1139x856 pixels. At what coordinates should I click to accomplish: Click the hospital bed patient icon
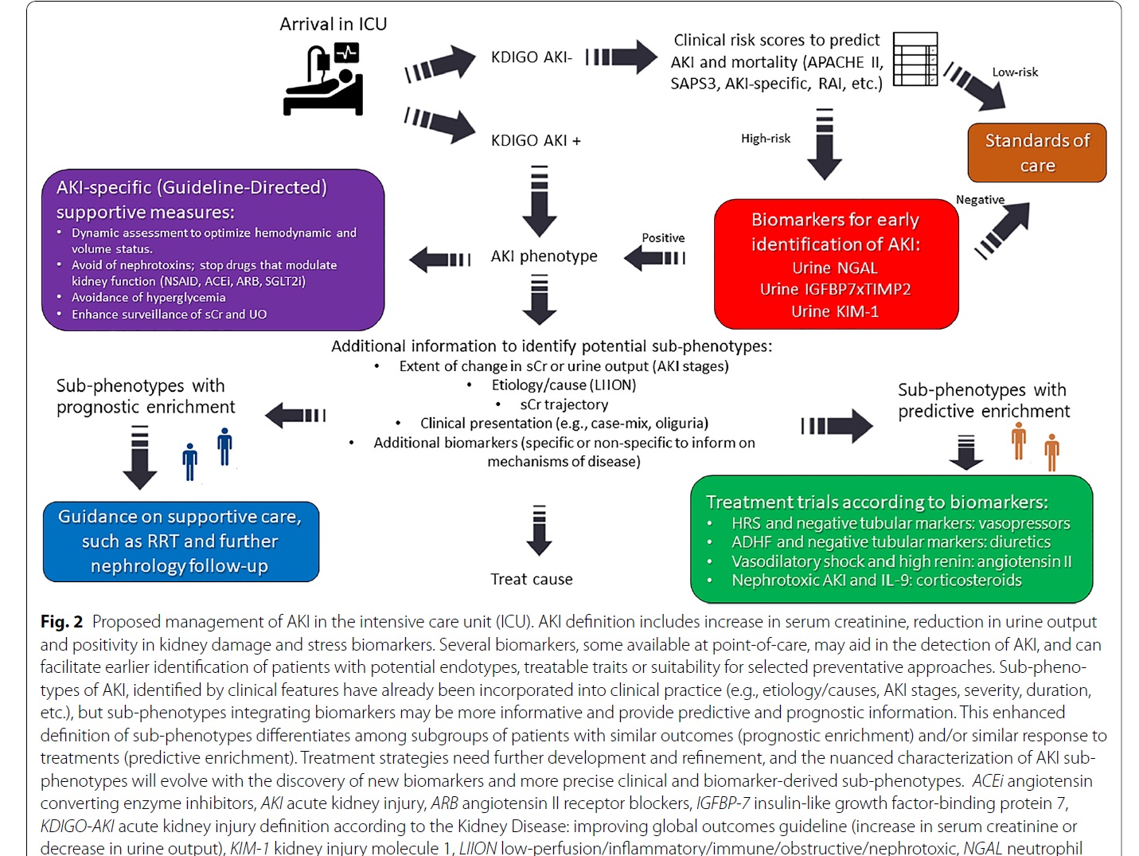pos(323,80)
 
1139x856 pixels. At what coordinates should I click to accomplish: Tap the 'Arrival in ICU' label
pos(334,24)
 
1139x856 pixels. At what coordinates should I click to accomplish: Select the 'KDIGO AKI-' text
pos(532,57)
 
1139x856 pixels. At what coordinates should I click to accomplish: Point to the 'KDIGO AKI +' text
pos(536,140)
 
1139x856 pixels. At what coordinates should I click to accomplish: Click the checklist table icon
pos(915,59)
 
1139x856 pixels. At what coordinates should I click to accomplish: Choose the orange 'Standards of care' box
pos(1037,153)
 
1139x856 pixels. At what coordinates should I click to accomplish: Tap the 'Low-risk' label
pos(1015,72)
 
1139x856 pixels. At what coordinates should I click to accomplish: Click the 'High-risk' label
pos(766,139)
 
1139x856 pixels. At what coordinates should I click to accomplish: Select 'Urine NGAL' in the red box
pos(835,268)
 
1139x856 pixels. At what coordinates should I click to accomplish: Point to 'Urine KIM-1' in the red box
pos(835,311)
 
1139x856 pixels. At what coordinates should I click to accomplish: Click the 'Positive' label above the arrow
pos(663,238)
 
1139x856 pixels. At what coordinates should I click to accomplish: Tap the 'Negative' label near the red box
pos(981,200)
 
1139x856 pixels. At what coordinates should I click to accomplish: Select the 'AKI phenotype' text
pos(544,256)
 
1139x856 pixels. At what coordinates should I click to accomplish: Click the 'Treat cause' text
pos(532,579)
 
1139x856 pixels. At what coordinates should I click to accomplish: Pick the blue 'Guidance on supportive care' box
pos(181,541)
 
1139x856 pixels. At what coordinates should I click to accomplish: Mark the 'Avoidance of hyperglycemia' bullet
pos(148,298)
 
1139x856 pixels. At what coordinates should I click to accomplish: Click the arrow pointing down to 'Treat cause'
pos(539,530)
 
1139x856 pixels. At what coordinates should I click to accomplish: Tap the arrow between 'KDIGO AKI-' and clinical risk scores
pos(622,57)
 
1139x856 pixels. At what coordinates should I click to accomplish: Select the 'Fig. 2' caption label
pos(62,621)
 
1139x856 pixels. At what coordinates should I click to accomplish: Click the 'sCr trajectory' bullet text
pos(564,405)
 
